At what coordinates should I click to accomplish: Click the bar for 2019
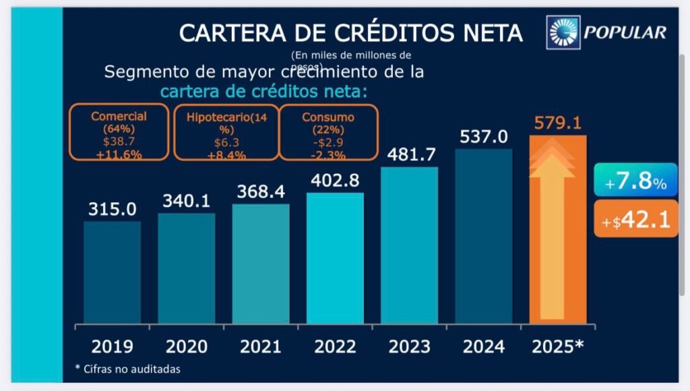[x=112, y=272]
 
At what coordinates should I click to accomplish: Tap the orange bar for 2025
[x=558, y=229]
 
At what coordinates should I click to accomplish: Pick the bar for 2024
[x=483, y=236]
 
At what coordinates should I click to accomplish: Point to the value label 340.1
[x=187, y=201]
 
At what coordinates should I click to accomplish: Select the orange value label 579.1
[x=558, y=123]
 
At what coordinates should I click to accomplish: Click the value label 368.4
[x=261, y=192]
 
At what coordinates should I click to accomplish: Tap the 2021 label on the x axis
[x=261, y=347]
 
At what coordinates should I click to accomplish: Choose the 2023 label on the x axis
[x=410, y=347]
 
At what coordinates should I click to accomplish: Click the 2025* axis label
[x=558, y=347]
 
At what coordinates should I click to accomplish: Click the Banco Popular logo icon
[x=564, y=32]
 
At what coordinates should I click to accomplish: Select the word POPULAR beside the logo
[x=625, y=32]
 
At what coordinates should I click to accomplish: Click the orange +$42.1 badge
[x=635, y=220]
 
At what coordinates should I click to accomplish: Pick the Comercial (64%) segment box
[x=119, y=132]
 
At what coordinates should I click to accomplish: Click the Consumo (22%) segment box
[x=328, y=132]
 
